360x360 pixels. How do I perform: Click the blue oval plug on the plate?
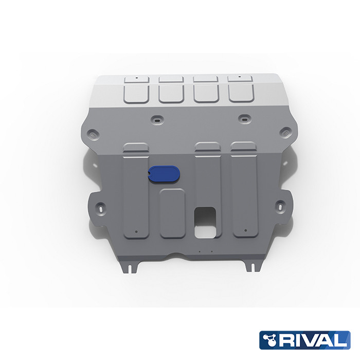[x=165, y=174]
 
